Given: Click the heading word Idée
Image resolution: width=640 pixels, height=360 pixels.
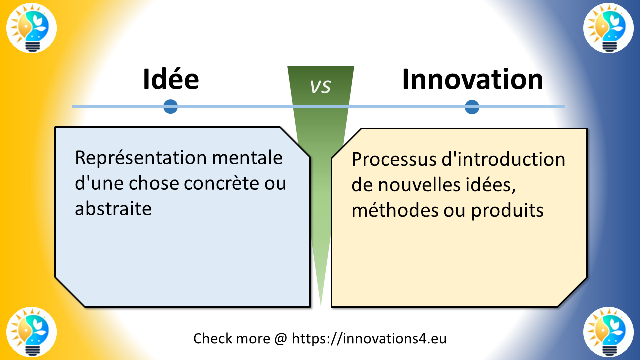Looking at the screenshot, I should pos(171,80).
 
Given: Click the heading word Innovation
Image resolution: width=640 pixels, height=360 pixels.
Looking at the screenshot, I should pos(472,80).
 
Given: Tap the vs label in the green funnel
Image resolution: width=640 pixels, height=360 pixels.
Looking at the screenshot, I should pos(320,86).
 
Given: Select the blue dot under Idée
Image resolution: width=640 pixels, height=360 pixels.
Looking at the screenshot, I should pos(171,106).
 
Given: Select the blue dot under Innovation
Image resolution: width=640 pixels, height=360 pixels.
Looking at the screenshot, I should pos(472,107).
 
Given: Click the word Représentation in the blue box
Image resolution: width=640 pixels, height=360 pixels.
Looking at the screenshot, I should pos(141,158).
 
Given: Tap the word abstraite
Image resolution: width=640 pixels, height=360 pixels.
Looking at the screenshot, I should pos(113,208).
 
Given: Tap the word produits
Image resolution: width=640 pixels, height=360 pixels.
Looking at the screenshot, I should pos(507,210).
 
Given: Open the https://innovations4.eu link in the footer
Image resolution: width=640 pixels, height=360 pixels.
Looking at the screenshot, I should pos(369,338).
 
